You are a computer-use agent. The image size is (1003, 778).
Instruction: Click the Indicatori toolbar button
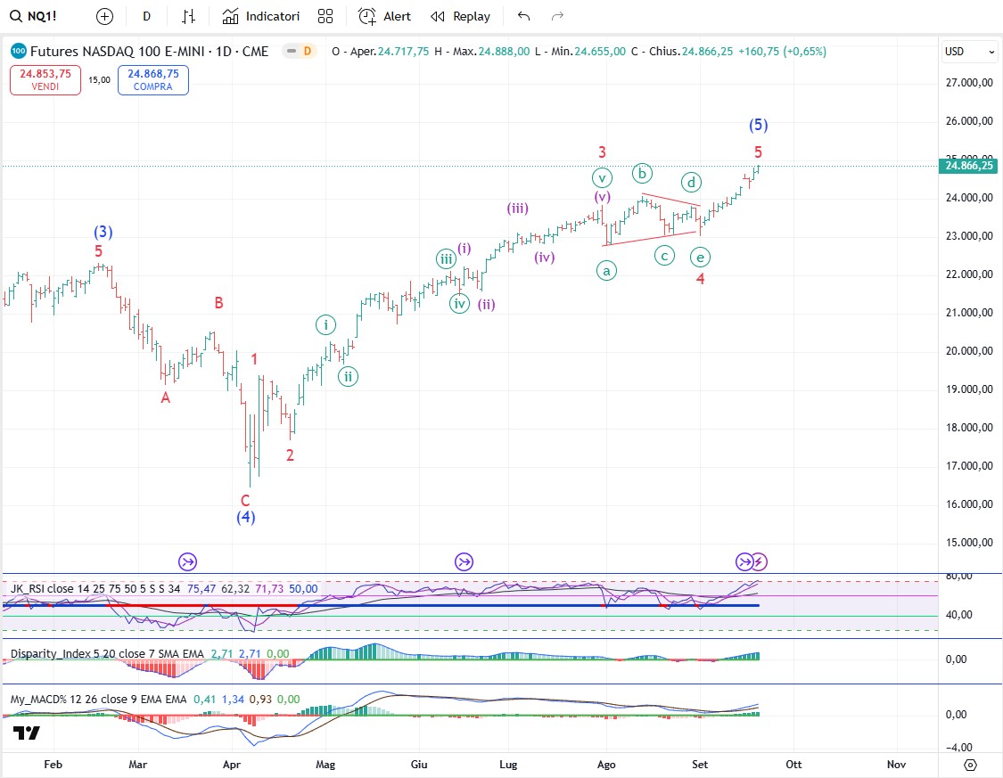pos(261,16)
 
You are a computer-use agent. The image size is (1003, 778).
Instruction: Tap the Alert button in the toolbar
pos(385,16)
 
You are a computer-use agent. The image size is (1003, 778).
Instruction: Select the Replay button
pos(460,16)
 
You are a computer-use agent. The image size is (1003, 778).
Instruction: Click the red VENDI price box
pos(46,80)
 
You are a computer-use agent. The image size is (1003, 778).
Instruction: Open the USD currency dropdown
pos(970,52)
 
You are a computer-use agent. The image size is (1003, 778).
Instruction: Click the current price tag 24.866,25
pos(968,166)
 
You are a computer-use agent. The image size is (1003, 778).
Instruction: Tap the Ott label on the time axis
pos(793,764)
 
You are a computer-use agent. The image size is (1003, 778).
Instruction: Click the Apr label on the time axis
pos(232,764)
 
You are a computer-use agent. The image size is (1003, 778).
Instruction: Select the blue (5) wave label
pos(758,125)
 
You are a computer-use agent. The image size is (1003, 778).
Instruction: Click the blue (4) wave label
pos(246,517)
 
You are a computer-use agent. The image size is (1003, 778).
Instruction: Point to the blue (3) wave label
pos(103,233)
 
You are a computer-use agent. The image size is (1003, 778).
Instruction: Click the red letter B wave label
pos(218,303)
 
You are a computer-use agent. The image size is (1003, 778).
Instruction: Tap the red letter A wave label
pos(165,398)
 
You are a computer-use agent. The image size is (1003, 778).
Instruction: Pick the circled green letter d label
pos(691,183)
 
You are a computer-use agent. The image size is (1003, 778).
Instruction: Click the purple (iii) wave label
pos(518,209)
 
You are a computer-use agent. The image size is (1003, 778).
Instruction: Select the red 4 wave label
pos(701,279)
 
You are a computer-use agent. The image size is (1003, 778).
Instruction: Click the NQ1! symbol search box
pos(36,16)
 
